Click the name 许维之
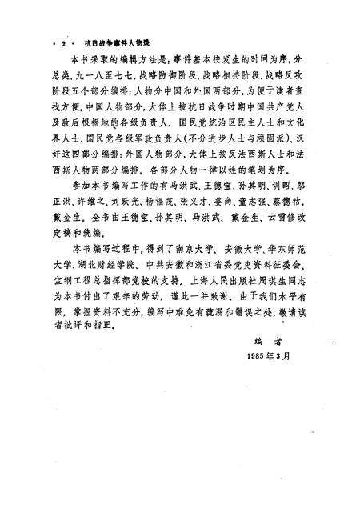[100, 222]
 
